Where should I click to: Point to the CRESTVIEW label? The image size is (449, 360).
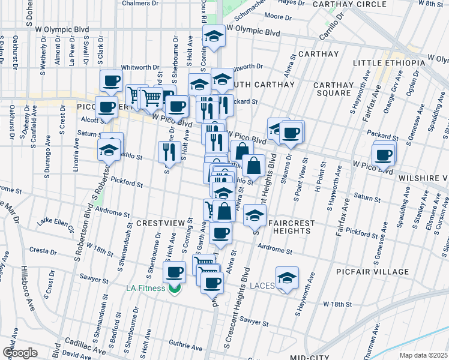click(x=160, y=223)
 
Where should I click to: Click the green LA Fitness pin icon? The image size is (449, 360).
click(x=175, y=289)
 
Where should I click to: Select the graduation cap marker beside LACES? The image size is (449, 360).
click(x=287, y=277)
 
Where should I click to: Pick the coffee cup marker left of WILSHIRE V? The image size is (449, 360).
click(x=382, y=155)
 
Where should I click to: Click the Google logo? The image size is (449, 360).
click(x=20, y=352)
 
